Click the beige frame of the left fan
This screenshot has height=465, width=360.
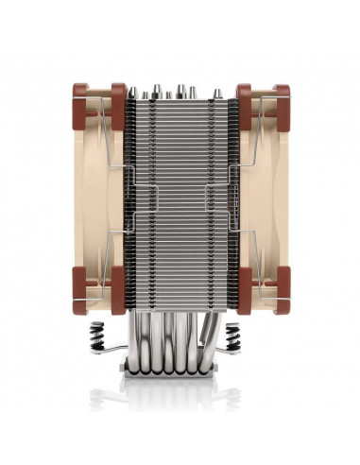(94, 198)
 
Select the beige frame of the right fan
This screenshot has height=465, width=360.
(266, 198)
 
